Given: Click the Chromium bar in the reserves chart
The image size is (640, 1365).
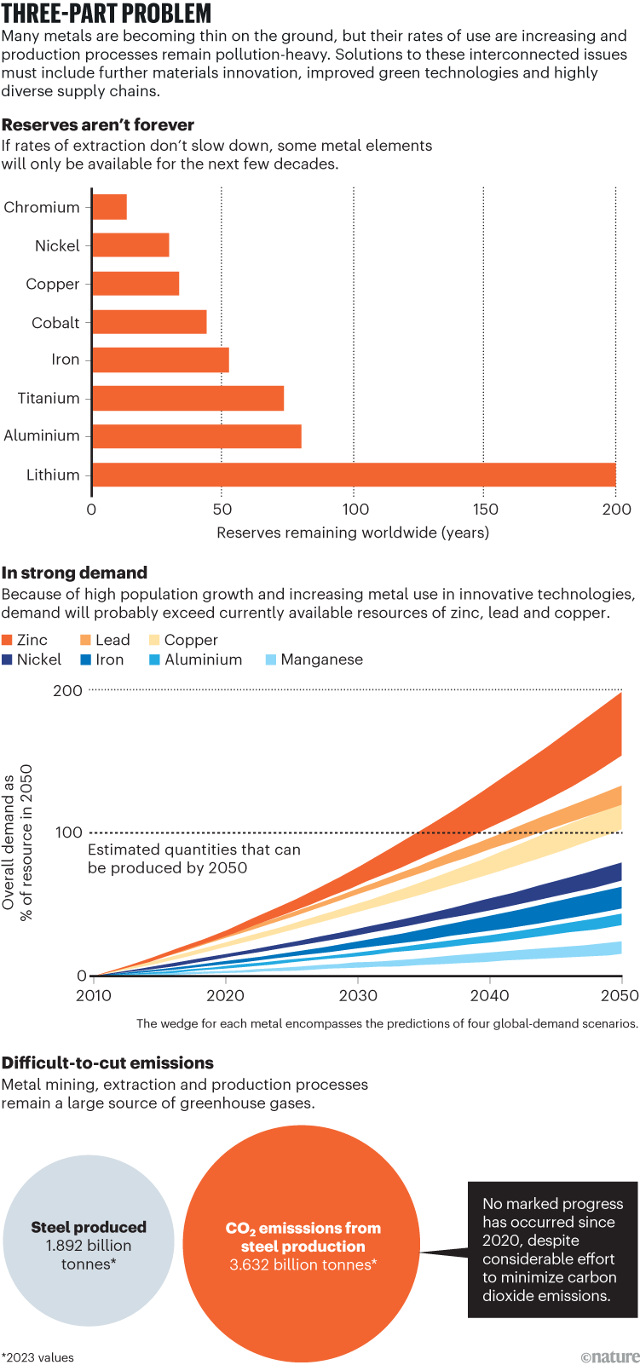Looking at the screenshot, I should (110, 207).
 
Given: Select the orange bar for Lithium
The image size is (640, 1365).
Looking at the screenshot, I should (354, 475).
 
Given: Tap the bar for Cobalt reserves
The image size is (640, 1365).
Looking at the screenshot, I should (150, 322).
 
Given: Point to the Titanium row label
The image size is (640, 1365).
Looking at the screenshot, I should (49, 398).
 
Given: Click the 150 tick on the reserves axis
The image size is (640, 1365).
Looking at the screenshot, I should (484, 510).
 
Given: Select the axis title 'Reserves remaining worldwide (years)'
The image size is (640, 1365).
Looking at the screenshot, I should (353, 533).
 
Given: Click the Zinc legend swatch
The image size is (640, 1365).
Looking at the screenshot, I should (8, 640).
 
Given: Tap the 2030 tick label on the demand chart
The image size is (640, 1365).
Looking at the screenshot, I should (358, 995).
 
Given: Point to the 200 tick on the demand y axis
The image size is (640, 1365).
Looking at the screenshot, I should (68, 690).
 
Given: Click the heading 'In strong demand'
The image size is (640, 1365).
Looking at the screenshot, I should (74, 573).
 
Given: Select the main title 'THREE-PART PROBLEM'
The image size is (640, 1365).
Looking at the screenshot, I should (107, 14).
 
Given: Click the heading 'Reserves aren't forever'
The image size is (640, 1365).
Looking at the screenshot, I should (98, 124).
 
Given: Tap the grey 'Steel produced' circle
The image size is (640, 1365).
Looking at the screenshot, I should (89, 1245).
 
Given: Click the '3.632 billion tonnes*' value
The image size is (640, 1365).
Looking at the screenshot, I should (303, 1264).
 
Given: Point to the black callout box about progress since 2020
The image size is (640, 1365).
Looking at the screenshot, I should (552, 1249).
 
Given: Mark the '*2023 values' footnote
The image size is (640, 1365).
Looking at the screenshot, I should (37, 1357).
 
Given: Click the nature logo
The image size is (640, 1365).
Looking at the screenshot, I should (609, 1356).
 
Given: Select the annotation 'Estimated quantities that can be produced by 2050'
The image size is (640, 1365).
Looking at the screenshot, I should (193, 859).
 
